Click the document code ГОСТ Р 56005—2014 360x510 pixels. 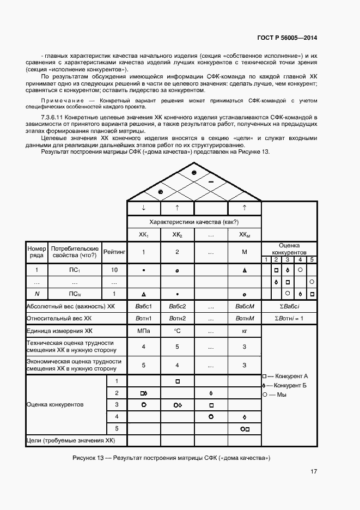coord(288,38)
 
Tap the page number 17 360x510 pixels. coord(314,472)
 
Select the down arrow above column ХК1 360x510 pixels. coord(143,208)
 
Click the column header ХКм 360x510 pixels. coord(244,235)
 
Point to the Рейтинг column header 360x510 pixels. coord(114,252)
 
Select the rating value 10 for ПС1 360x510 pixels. coord(114,270)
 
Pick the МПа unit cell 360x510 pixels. coord(143,331)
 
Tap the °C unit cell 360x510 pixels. coord(177,331)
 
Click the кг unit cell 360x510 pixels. coord(244,331)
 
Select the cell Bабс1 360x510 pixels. coord(143,307)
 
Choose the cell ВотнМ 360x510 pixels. coord(244,319)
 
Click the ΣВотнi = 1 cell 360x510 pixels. coord(289,319)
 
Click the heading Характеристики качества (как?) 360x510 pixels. coord(194,222)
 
